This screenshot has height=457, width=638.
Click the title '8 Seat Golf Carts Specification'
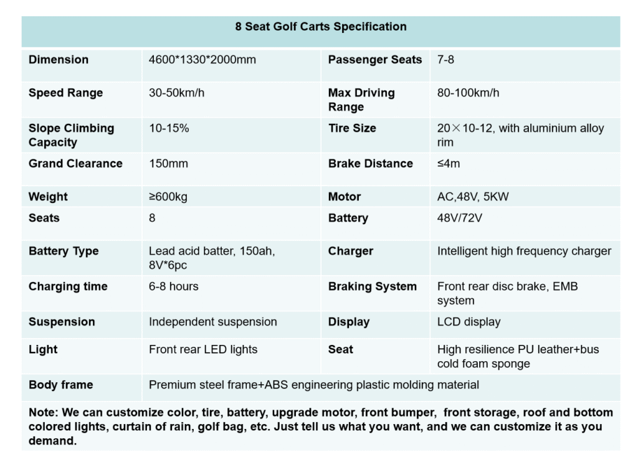point(321,27)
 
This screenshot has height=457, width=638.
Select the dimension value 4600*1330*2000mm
point(202,60)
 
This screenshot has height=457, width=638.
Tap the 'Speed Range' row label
point(65,93)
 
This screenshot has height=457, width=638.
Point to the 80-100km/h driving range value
point(468,93)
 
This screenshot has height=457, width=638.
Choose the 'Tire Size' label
point(352,128)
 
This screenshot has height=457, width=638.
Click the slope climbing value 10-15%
point(169,128)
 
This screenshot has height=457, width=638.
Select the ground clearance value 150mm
point(168,164)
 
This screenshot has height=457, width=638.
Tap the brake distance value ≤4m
point(449,164)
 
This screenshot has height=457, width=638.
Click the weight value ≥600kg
point(168,197)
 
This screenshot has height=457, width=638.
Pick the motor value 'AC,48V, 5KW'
point(473,197)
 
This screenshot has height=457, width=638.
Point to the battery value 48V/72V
point(460,218)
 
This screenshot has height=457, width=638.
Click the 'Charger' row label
point(351,251)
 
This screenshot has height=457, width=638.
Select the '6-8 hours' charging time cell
point(174,286)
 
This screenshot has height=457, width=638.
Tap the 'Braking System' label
point(373,286)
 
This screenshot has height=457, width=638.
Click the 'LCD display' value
point(469,322)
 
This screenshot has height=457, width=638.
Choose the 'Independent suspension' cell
point(213,322)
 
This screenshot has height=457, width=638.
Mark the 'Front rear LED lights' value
point(203,349)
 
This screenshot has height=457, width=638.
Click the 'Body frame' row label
point(60,385)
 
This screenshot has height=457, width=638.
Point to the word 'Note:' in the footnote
point(43,413)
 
